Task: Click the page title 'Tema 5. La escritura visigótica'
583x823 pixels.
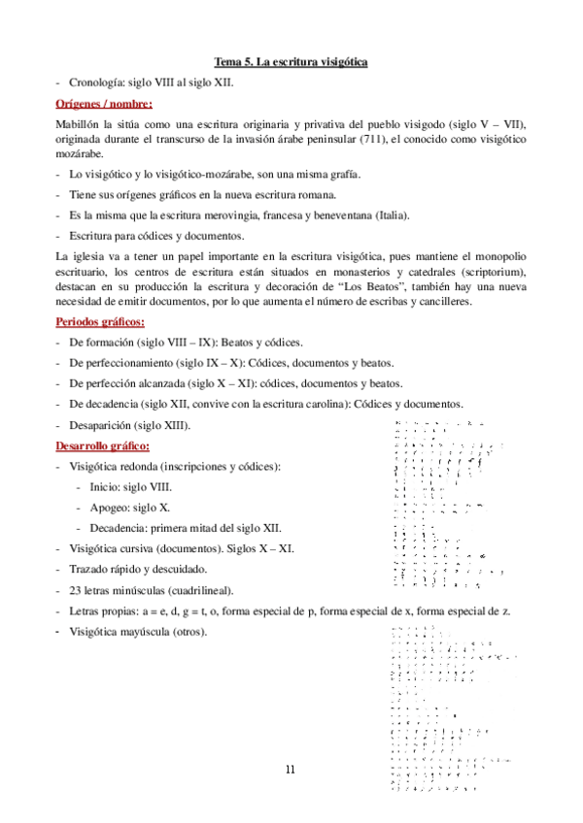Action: pyautogui.click(x=291, y=63)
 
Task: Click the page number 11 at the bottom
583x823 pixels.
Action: pyautogui.click(x=291, y=770)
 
